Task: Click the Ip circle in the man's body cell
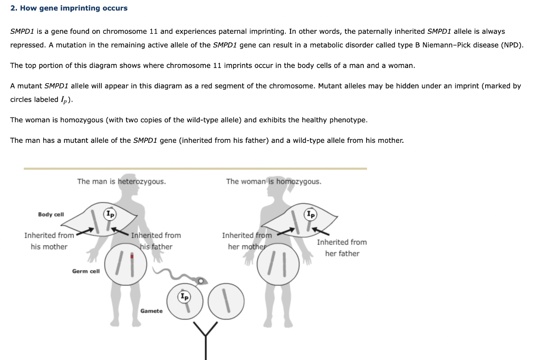109,214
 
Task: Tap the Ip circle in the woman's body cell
311,214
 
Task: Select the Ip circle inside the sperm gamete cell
184,297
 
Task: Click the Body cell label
51,215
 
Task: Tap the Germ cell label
85,271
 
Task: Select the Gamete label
151,311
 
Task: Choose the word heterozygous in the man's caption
141,181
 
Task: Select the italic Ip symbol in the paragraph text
66,100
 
